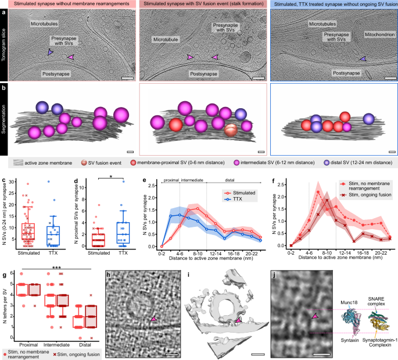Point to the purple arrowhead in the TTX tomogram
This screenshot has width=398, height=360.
[x=363, y=59]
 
